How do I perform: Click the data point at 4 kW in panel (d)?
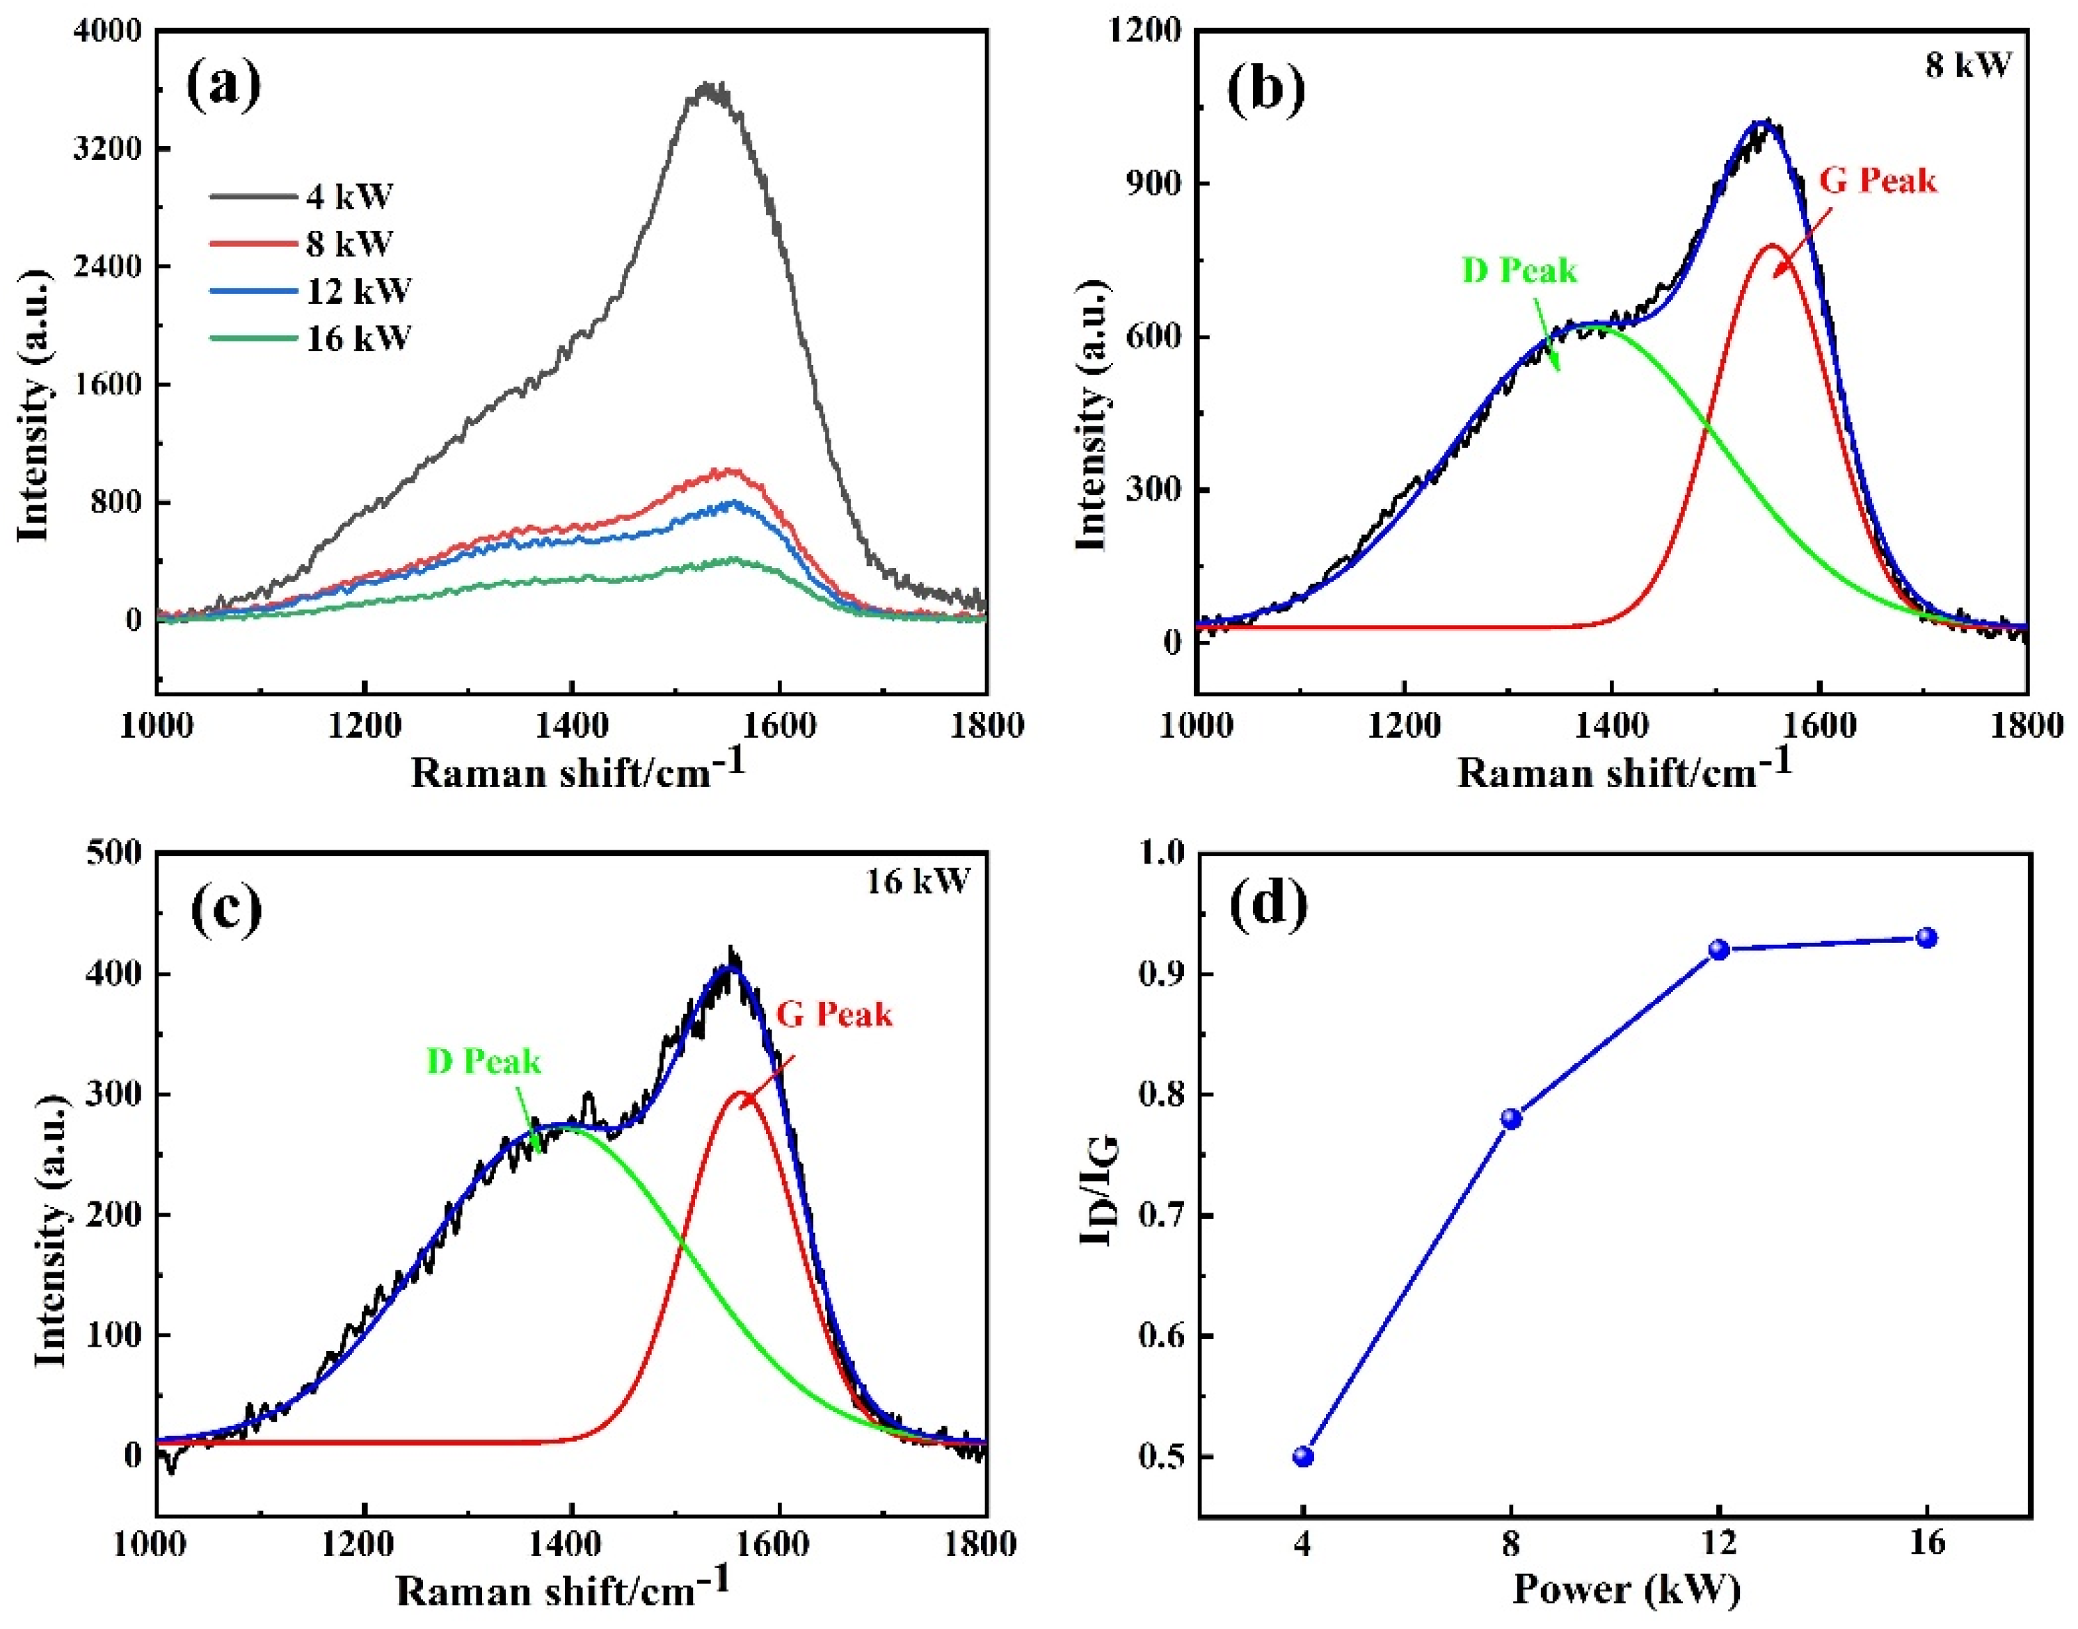tap(1303, 1457)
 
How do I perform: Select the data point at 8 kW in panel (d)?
tap(1511, 1119)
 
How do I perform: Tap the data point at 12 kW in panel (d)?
tap(1719, 949)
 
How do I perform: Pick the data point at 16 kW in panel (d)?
tap(1927, 937)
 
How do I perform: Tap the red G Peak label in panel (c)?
tap(834, 1014)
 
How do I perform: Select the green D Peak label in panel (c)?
tap(483, 1062)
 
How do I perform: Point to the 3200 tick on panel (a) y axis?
tap(107, 149)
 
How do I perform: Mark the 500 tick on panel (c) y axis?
tap(115, 852)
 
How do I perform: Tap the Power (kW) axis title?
tap(1626, 1589)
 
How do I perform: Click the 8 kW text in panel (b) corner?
tap(1967, 65)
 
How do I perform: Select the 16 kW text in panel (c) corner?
tap(917, 882)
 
